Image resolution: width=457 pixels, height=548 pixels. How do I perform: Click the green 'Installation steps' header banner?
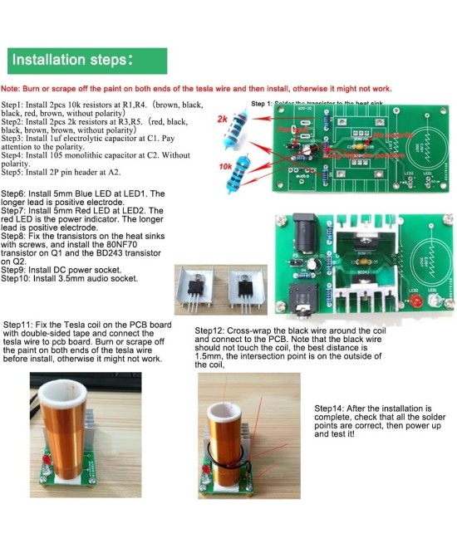tap(84, 61)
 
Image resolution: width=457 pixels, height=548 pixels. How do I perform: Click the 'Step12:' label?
tap(212, 330)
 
